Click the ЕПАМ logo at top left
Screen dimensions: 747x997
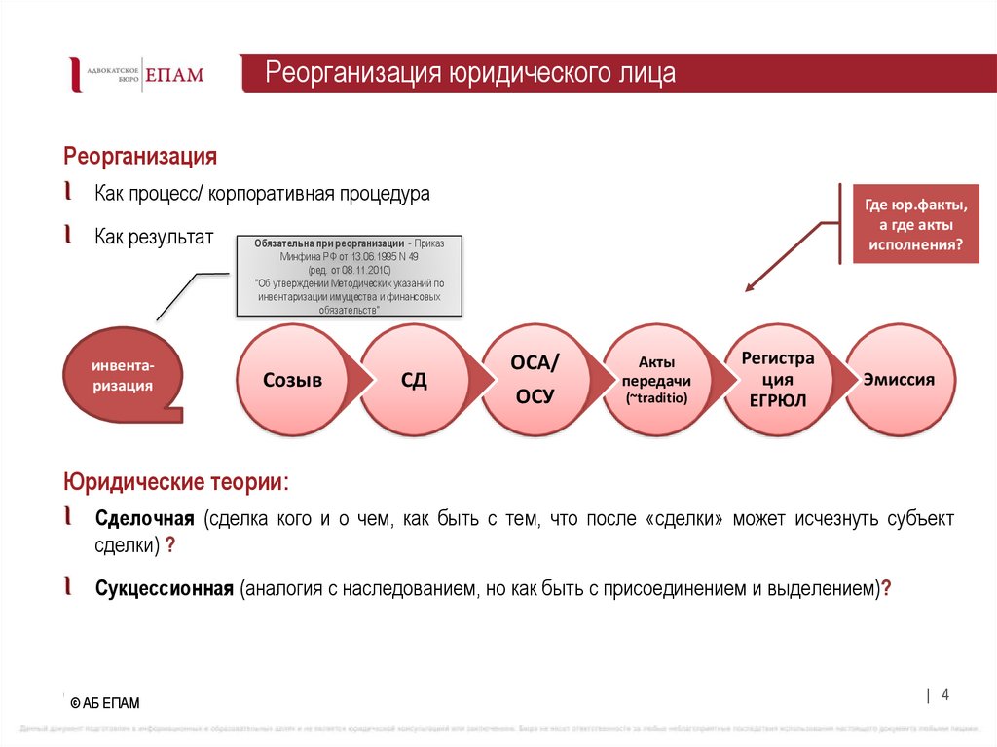(x=136, y=75)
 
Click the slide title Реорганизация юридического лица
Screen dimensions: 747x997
(x=470, y=74)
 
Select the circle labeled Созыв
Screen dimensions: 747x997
(x=292, y=380)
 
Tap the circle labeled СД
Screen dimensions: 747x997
(x=414, y=380)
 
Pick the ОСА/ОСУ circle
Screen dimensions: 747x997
(x=535, y=380)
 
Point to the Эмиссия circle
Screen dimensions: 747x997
(x=899, y=380)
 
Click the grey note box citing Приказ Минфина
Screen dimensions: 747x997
(x=349, y=276)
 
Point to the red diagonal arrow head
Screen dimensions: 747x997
(x=750, y=286)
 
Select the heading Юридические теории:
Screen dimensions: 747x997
(x=176, y=482)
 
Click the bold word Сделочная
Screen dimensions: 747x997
(x=145, y=518)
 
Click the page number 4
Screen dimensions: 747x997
(x=944, y=694)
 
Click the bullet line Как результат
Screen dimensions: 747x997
(x=153, y=236)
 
